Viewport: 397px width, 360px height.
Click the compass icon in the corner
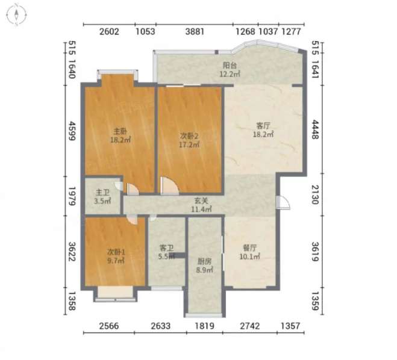tap(16, 14)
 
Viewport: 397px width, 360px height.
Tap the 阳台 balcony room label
tap(230, 65)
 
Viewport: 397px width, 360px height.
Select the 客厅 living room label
tap(263, 126)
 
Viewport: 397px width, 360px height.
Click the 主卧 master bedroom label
tap(120, 131)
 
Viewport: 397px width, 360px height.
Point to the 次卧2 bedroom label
tap(189, 136)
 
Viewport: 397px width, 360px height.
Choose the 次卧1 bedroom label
tap(116, 252)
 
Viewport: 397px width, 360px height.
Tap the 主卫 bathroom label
tap(102, 193)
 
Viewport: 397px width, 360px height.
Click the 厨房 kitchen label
tap(204, 261)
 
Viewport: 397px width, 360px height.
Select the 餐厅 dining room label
tap(249, 247)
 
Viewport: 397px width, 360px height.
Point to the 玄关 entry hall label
tap(201, 200)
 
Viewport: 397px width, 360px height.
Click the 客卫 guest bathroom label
tap(166, 247)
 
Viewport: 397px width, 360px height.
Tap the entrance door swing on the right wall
tap(283, 203)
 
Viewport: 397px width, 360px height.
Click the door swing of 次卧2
tap(170, 186)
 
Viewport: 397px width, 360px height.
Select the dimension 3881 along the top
tap(195, 32)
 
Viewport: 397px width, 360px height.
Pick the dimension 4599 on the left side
tap(72, 131)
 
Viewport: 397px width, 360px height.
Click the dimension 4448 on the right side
tap(315, 129)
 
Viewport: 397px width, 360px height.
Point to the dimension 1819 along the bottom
tap(204, 326)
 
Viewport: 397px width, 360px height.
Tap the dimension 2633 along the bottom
tap(160, 326)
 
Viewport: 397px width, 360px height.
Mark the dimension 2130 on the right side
tap(315, 194)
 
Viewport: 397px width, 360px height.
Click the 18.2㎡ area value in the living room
tap(263, 134)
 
